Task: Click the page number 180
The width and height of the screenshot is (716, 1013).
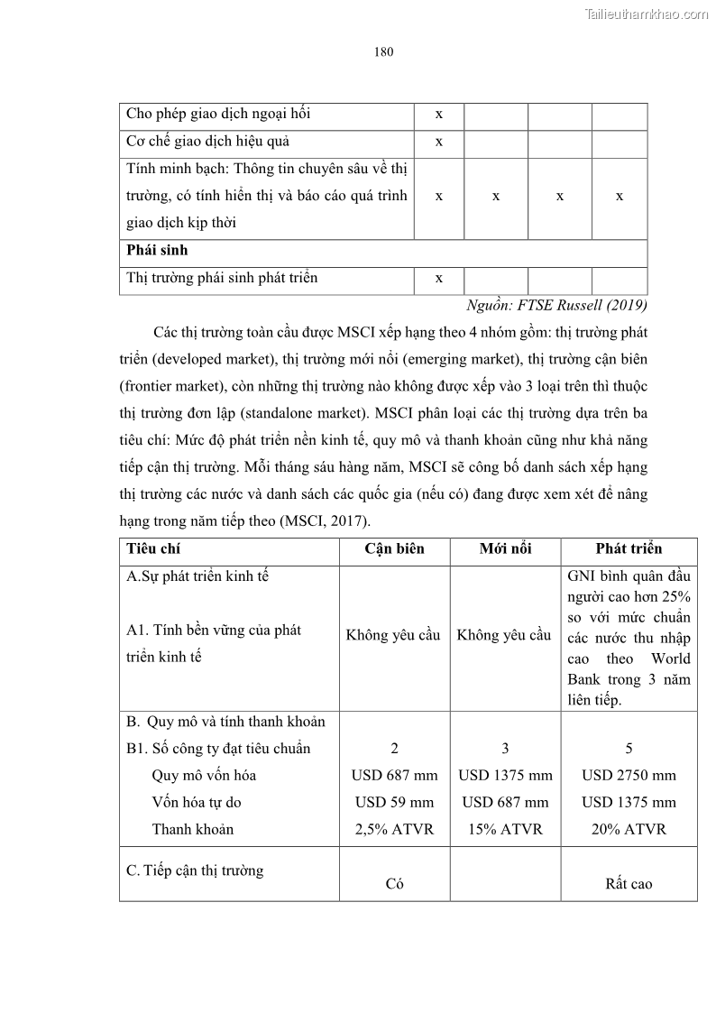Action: pyautogui.click(x=383, y=51)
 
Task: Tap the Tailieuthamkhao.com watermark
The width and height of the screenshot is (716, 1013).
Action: pyautogui.click(x=647, y=14)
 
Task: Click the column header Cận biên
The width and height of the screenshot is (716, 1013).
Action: pyautogui.click(x=394, y=548)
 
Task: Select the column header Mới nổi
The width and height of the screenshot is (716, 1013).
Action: pyautogui.click(x=505, y=548)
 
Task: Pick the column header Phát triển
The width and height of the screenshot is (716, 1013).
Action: pyautogui.click(x=629, y=548)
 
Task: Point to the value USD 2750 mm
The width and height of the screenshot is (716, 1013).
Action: pyautogui.click(x=629, y=775)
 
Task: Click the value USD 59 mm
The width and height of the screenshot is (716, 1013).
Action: pyautogui.click(x=394, y=802)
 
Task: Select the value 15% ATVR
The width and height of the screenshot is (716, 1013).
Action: pyautogui.click(x=505, y=829)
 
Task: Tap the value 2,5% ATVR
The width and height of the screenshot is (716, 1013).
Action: pyautogui.click(x=394, y=829)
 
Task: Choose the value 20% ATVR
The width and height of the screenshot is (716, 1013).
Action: pyautogui.click(x=629, y=829)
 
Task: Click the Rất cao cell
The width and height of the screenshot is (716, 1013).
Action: pyautogui.click(x=629, y=884)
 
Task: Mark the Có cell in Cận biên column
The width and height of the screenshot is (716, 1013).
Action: pyautogui.click(x=394, y=884)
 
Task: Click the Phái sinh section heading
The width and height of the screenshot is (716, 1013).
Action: pyautogui.click(x=157, y=250)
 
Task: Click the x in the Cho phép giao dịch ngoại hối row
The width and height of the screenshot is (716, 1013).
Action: pyautogui.click(x=438, y=115)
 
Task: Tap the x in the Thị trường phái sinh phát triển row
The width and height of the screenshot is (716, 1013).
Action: pyautogui.click(x=438, y=279)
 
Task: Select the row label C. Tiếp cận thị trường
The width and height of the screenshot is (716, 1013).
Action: pyautogui.click(x=195, y=870)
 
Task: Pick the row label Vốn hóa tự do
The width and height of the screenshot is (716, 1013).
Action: pyautogui.click(x=196, y=802)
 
